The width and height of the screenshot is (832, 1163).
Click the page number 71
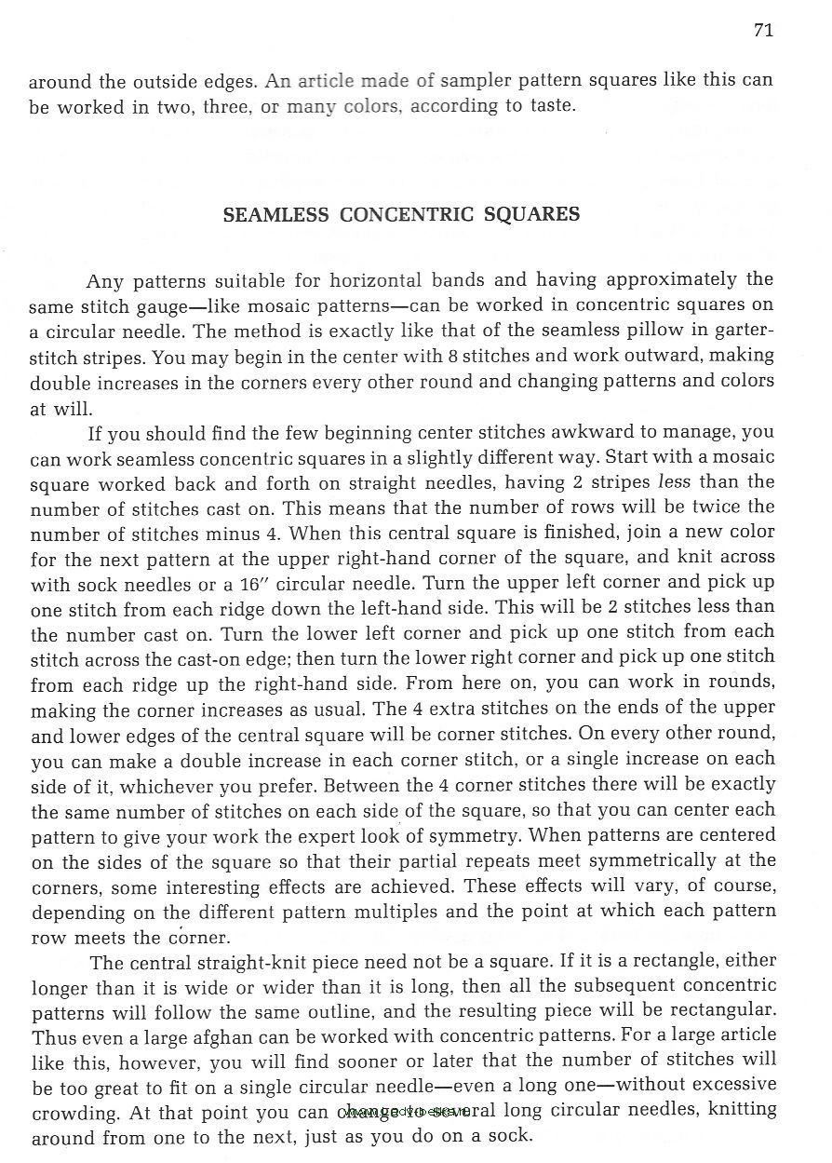click(x=763, y=31)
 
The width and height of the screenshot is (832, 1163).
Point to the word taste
click(x=553, y=105)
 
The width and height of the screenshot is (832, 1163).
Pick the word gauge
click(x=162, y=305)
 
